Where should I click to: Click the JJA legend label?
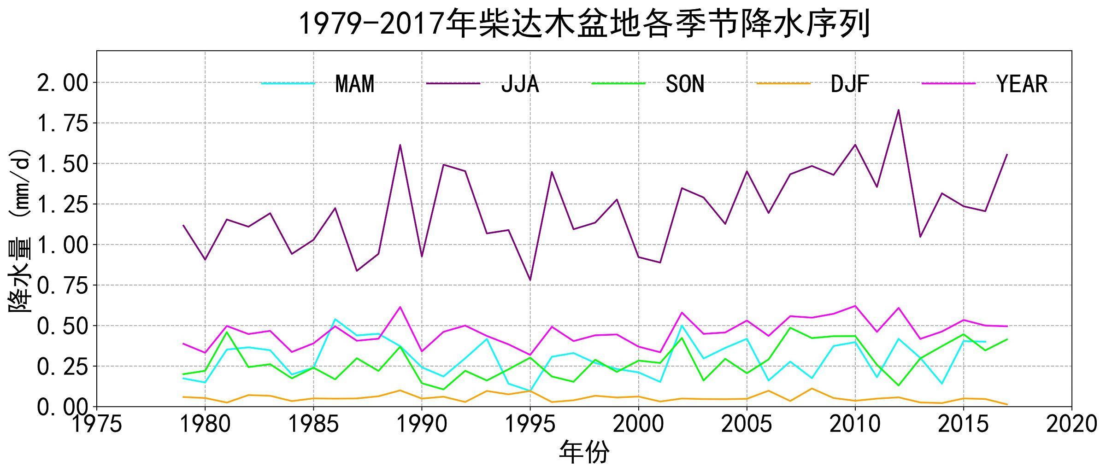[x=520, y=84]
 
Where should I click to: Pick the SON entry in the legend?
[x=685, y=84]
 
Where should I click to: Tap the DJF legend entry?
[x=849, y=84]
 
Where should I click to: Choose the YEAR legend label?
[x=1022, y=84]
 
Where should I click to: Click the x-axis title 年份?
[x=584, y=452]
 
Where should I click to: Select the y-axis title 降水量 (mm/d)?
[x=19, y=230]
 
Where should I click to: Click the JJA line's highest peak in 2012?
[x=899, y=110]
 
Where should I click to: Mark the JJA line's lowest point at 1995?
[x=530, y=280]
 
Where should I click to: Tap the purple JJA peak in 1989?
[x=400, y=145]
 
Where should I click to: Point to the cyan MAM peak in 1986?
[x=335, y=319]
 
